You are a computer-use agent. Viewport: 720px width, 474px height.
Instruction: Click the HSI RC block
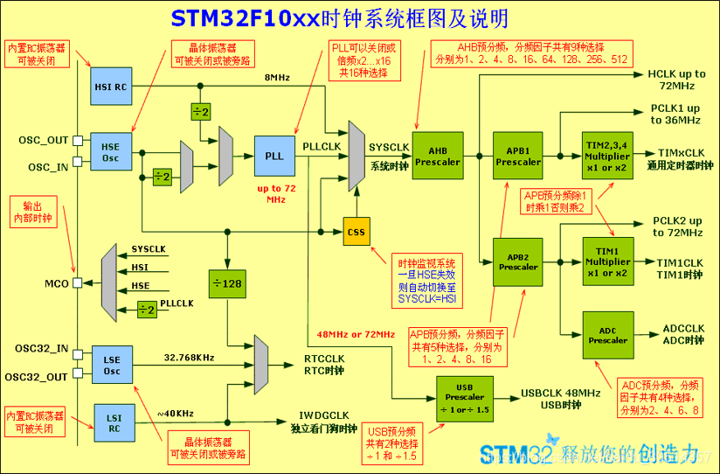click(x=111, y=86)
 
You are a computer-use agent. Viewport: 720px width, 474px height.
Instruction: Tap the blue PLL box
click(x=274, y=155)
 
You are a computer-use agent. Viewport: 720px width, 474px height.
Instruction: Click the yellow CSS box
click(x=356, y=232)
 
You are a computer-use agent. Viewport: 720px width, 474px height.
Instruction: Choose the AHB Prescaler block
click(x=436, y=155)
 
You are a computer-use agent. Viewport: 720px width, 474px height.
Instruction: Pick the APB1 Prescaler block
click(x=517, y=155)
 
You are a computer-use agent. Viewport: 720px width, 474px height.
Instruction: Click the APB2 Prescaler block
click(x=517, y=261)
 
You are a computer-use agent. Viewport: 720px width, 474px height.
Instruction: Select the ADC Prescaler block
click(x=607, y=335)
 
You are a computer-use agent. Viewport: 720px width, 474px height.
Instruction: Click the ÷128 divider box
click(x=226, y=283)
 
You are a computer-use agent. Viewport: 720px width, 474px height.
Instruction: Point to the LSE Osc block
click(x=111, y=365)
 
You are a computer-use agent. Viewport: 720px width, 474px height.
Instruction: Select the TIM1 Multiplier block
click(x=607, y=261)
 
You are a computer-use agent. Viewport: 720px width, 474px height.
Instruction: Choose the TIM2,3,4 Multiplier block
click(x=607, y=155)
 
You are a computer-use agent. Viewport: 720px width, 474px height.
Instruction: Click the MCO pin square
click(x=78, y=283)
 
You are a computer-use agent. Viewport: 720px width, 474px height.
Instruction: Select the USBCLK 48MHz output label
click(x=559, y=393)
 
